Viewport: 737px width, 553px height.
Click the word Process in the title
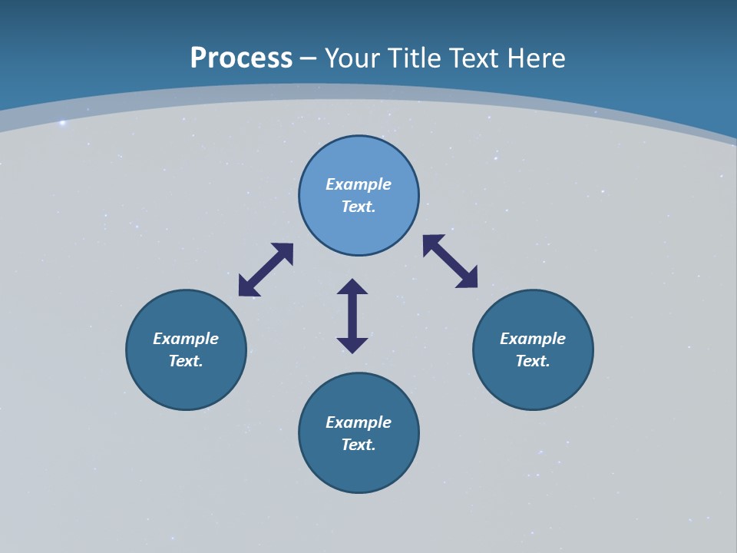[241, 58]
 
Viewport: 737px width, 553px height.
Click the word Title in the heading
[416, 58]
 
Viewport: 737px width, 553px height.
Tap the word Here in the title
[537, 58]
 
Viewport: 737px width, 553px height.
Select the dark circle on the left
[186, 384]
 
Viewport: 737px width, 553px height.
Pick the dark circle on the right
[533, 384]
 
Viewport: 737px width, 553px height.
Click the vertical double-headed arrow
[352, 316]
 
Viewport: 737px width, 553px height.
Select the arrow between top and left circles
[266, 270]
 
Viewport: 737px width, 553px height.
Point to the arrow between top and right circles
[450, 261]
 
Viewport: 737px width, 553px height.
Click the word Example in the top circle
[359, 184]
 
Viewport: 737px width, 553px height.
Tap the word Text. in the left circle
[186, 361]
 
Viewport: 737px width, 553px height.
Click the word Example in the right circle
[533, 339]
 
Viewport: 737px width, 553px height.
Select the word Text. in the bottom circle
[359, 445]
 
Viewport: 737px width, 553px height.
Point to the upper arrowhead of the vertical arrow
[352, 286]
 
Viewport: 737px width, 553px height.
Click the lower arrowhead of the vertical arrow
[352, 345]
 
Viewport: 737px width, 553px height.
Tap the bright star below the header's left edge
[63, 123]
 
